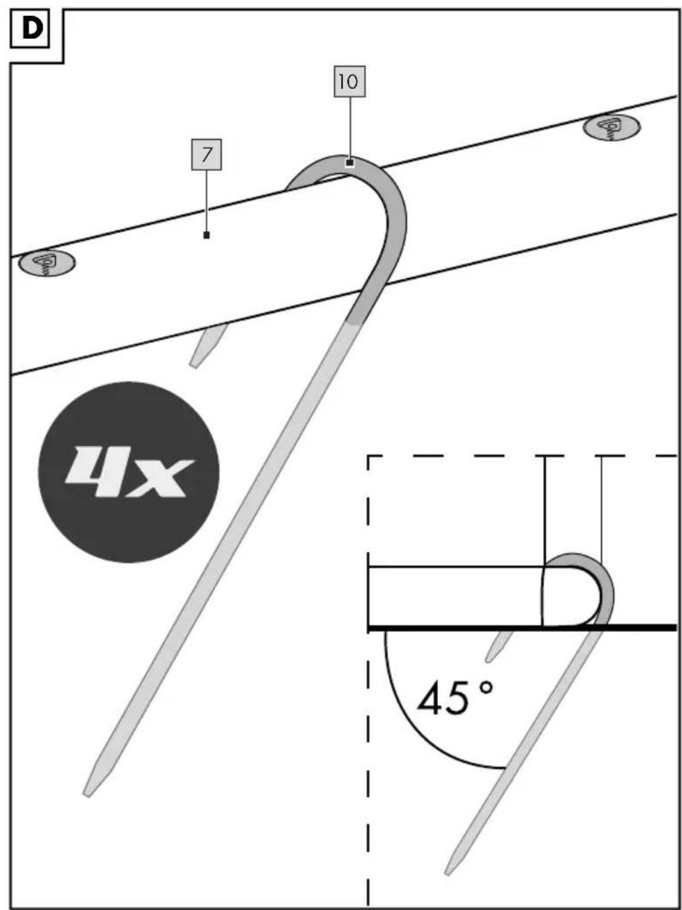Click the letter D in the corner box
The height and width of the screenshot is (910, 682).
[x=32, y=30]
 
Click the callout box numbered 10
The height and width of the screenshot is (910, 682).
[x=350, y=82]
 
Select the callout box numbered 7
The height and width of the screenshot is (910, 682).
[x=206, y=155]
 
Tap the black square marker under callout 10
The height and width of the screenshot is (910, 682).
[x=350, y=163]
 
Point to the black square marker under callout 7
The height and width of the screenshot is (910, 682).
[x=206, y=235]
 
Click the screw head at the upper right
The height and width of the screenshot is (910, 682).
[x=611, y=126]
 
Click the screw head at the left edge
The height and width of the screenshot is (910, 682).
[x=48, y=263]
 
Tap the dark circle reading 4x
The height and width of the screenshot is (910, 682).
[x=129, y=472]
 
